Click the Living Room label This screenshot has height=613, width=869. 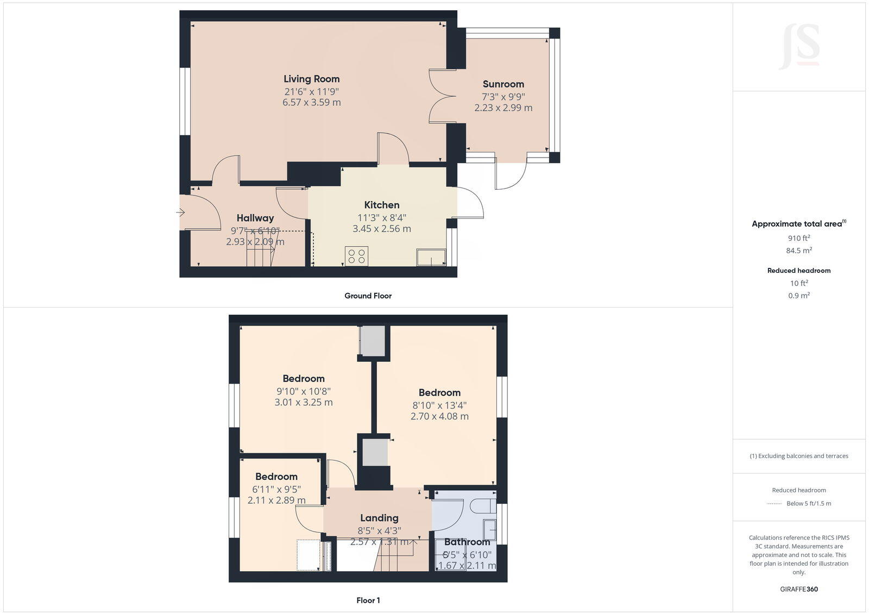tap(311, 79)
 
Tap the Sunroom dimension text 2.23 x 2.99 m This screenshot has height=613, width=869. tap(503, 108)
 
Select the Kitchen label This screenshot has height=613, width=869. tap(381, 205)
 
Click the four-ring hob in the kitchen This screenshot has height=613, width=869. tap(356, 256)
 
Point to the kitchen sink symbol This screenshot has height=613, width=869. tap(431, 257)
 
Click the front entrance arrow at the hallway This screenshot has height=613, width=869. tap(181, 212)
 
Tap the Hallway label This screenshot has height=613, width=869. tap(255, 218)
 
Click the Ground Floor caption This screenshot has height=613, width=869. tap(368, 296)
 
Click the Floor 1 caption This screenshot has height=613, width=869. tap(368, 600)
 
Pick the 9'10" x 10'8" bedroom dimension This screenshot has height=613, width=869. tap(303, 391)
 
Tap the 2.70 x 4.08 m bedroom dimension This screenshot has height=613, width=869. tap(439, 416)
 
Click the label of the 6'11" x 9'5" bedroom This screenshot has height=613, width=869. tap(276, 477)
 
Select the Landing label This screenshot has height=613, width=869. tap(379, 518)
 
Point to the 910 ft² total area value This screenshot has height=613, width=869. tap(798, 238)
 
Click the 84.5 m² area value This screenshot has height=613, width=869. tap(798, 251)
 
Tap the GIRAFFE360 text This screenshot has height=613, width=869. tap(798, 589)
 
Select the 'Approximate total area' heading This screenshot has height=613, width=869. tap(797, 224)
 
